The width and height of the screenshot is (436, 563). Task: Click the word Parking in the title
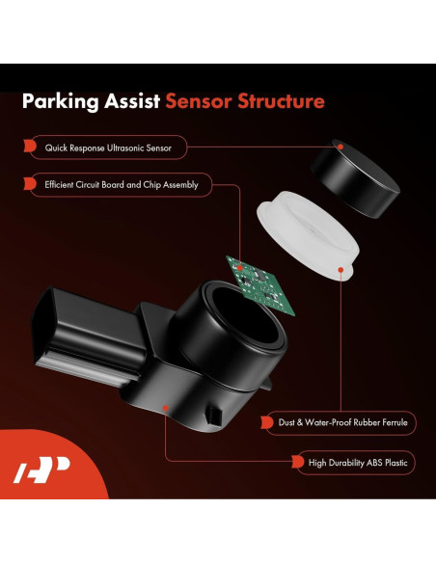pyautogui.click(x=61, y=101)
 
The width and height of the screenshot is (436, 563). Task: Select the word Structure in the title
pyautogui.click(x=280, y=101)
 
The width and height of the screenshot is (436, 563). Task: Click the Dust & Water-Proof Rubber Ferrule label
pyautogui.click(x=340, y=421)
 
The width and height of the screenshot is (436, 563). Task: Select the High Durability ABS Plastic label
pyautogui.click(x=351, y=464)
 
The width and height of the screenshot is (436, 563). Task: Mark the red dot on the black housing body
pyautogui.click(x=167, y=406)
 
